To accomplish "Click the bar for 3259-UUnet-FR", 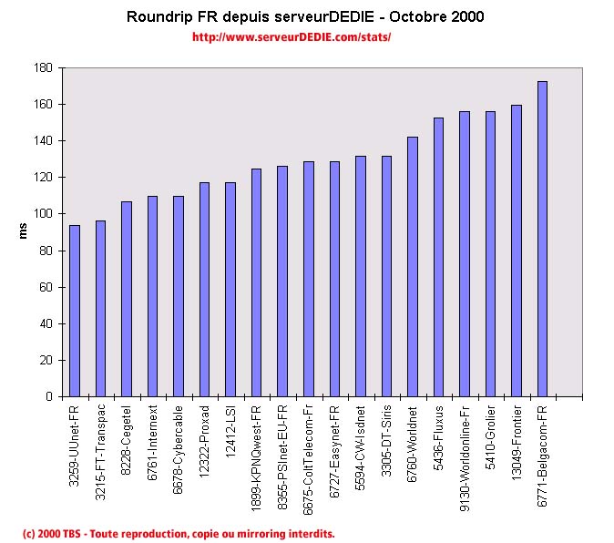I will (x=75, y=311).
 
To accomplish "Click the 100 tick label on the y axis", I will (x=43, y=214).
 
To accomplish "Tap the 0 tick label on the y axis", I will (x=49, y=397).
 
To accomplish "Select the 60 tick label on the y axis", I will (x=46, y=287).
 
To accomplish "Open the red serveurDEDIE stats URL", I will (x=292, y=37).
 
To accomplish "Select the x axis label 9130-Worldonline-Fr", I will (x=465, y=447).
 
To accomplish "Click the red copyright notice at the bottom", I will (x=179, y=533).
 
